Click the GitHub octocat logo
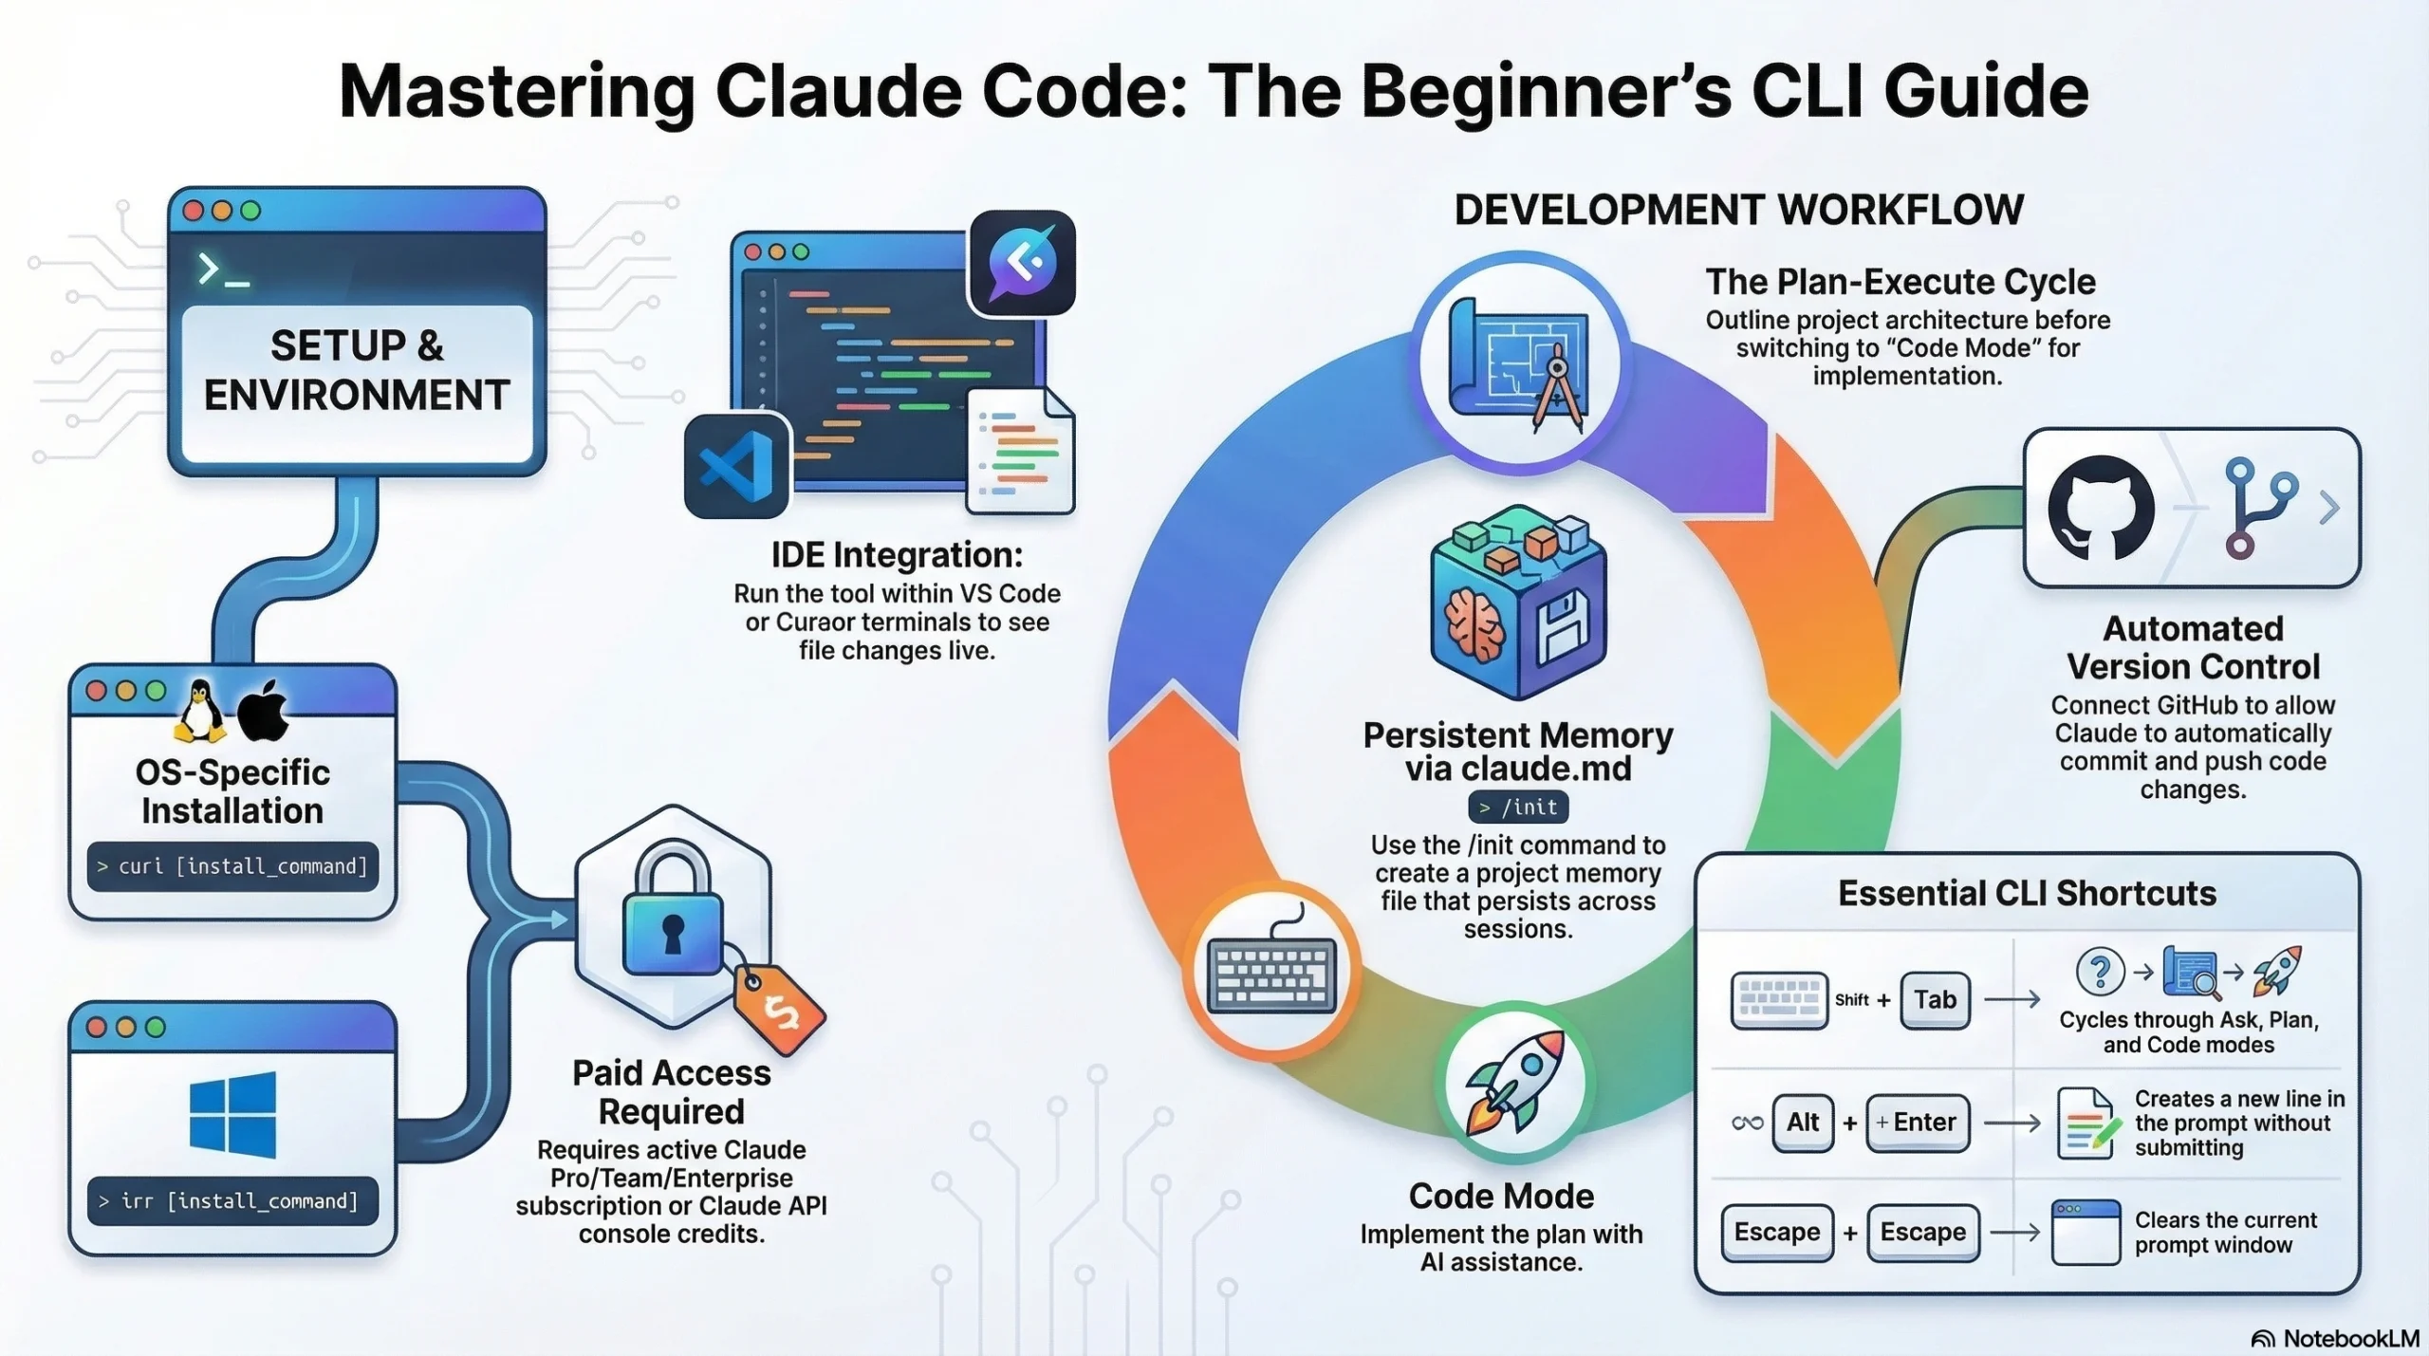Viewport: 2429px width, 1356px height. point(2100,507)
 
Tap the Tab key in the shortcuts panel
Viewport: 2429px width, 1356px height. point(1935,999)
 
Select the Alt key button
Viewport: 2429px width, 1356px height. point(1802,1123)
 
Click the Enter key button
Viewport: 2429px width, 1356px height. point(1918,1123)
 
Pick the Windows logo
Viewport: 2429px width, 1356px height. point(232,1115)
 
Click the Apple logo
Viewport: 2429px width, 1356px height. point(264,710)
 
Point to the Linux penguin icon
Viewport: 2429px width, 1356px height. point(200,712)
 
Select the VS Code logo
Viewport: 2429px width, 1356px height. point(736,466)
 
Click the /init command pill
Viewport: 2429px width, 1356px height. point(1518,807)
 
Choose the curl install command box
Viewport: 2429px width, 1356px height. point(232,866)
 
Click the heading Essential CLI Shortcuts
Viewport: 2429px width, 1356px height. point(2027,893)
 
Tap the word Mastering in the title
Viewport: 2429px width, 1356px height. point(517,92)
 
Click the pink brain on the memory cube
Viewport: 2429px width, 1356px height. point(1474,624)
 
